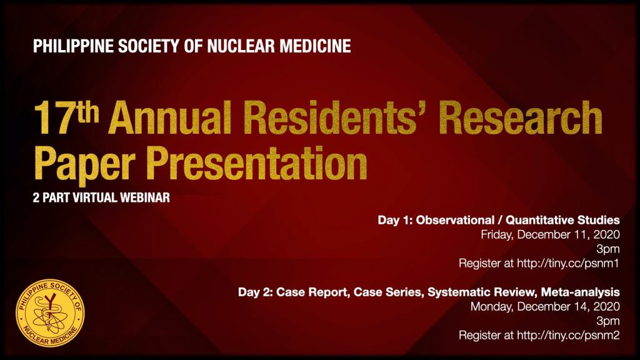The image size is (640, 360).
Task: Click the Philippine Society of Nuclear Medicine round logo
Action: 51,313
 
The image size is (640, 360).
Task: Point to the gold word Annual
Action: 170,118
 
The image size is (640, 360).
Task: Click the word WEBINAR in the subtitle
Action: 144,198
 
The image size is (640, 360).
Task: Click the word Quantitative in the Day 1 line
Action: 539,221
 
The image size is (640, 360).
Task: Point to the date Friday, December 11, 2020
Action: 550,235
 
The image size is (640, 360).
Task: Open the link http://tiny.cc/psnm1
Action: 568,263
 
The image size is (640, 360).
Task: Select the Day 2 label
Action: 256,292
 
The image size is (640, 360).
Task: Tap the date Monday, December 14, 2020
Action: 545,307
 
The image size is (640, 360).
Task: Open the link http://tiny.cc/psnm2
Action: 568,335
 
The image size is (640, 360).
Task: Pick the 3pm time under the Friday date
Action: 608,249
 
